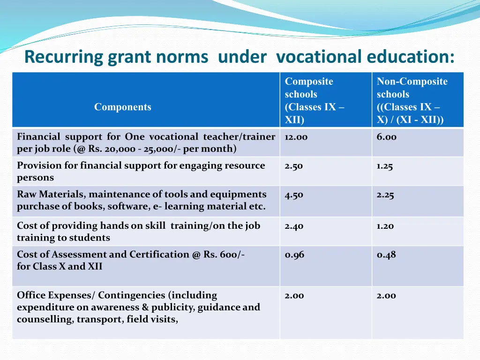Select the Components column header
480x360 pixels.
123,107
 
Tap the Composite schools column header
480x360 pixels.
315,100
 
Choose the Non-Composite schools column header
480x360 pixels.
412,100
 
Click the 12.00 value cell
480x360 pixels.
296,137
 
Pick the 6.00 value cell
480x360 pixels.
386,137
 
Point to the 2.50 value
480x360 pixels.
294,166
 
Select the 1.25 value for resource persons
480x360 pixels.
385,166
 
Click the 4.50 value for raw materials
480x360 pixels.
294,195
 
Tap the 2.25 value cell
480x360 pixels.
385,195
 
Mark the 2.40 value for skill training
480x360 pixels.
294,226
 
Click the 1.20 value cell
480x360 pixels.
385,226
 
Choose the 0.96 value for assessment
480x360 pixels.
294,255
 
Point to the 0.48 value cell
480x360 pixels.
386,255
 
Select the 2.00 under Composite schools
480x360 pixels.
294,295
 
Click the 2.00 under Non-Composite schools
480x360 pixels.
386,295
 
